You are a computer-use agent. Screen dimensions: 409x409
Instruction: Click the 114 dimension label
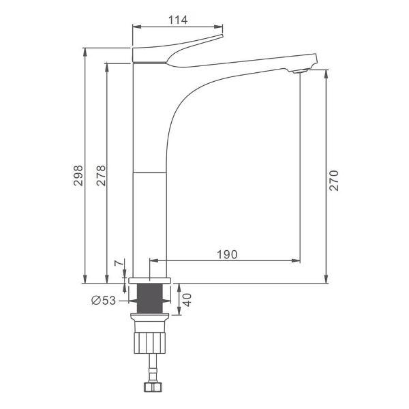pyautogui.click(x=178, y=20)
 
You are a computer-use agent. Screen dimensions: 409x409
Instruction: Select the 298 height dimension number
pyautogui.click(x=78, y=176)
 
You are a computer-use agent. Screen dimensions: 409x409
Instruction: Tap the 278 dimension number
pyautogui.click(x=101, y=176)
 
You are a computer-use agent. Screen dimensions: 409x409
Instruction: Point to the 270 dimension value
pyautogui.click(x=333, y=181)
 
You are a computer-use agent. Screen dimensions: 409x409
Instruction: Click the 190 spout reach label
pyautogui.click(x=227, y=254)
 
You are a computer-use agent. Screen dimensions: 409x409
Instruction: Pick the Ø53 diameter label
pyautogui.click(x=104, y=300)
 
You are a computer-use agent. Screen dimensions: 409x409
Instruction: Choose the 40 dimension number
pyautogui.click(x=187, y=300)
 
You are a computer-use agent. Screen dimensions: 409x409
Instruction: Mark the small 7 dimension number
pyautogui.click(x=118, y=263)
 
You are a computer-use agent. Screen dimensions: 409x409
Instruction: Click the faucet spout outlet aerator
pyautogui.click(x=299, y=71)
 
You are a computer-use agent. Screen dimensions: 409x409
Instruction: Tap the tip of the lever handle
pyautogui.click(x=222, y=35)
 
